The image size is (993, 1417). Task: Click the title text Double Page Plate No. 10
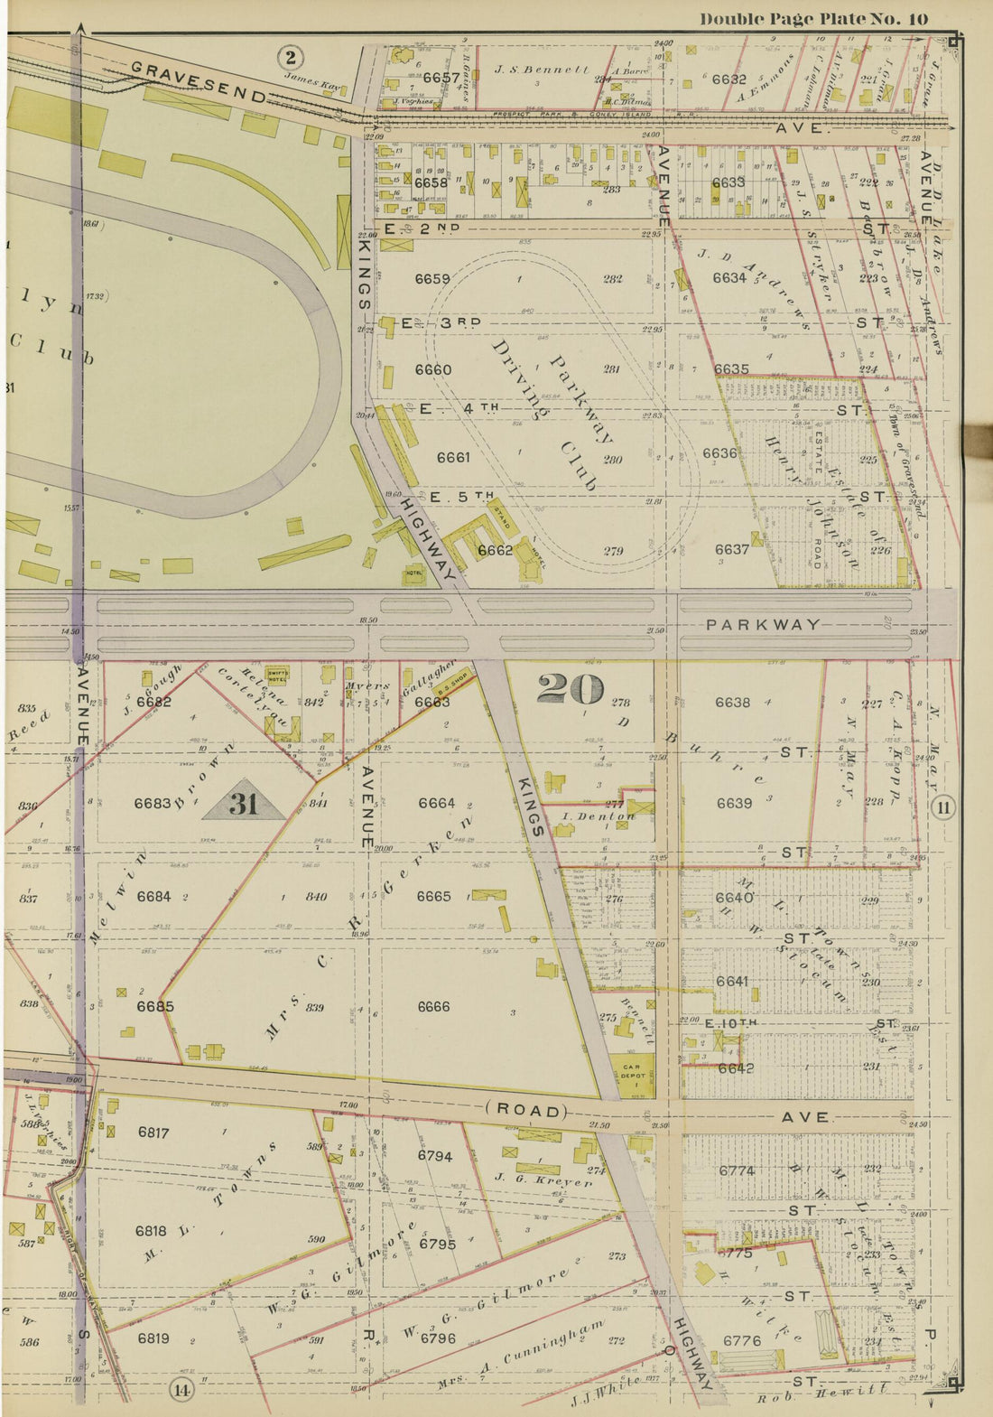tap(813, 18)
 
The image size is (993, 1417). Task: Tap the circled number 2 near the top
tap(289, 59)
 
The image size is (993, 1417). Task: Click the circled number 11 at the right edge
tap(943, 807)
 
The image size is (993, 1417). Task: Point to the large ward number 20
tap(571, 689)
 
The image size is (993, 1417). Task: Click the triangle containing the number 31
tap(244, 801)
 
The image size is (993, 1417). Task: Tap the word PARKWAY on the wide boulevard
tap(763, 624)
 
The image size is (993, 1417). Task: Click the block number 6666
tap(433, 1006)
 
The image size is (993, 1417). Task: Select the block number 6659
tap(432, 279)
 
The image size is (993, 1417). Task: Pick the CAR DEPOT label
tap(631, 1071)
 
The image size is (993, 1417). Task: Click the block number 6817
tap(153, 1133)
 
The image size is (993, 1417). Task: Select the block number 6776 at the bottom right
tap(741, 1340)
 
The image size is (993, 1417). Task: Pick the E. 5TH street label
tap(461, 497)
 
